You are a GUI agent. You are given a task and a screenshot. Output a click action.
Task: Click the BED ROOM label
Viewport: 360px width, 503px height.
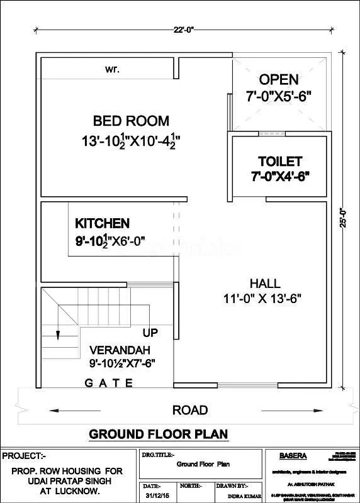[131, 121]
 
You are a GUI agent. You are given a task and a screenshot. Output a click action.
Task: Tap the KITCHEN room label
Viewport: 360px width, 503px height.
[102, 223]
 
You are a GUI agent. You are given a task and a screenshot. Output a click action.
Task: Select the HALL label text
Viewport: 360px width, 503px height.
[265, 284]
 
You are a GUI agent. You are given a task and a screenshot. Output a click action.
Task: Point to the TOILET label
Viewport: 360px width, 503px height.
[279, 162]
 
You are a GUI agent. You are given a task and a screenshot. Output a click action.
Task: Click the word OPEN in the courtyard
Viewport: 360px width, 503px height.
[279, 80]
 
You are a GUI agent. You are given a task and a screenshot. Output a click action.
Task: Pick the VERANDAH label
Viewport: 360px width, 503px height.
[114, 350]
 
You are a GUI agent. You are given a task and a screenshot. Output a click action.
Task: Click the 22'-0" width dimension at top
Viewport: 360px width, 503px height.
[184, 28]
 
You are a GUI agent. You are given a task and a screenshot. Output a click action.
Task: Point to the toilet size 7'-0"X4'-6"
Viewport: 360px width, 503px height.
[279, 177]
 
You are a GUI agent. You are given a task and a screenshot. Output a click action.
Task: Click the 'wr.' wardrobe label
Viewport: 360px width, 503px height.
[113, 68]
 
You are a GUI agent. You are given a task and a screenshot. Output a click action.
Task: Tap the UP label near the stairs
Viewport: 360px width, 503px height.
[150, 332]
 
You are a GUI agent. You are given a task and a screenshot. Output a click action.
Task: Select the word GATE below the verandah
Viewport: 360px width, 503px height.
[109, 382]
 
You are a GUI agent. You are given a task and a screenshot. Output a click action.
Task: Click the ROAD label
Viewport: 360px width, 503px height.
[189, 411]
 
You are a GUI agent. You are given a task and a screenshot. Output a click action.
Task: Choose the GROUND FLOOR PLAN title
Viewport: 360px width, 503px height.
[158, 434]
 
